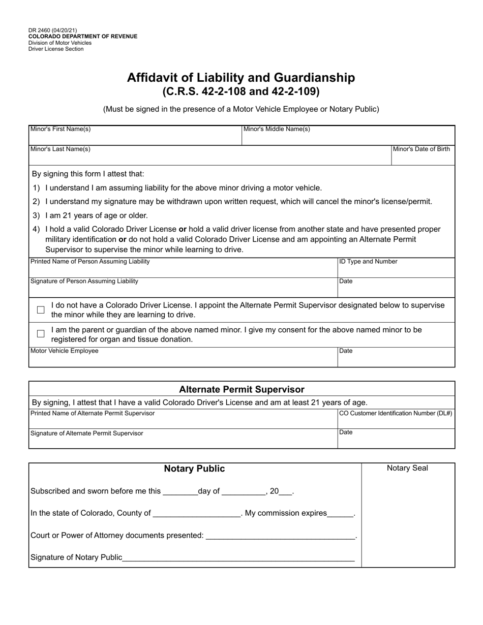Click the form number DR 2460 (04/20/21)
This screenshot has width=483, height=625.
pyautogui.click(x=53, y=30)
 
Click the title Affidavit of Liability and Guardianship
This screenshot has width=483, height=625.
pyautogui.click(x=241, y=78)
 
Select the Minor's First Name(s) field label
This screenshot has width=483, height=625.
pyautogui.click(x=61, y=129)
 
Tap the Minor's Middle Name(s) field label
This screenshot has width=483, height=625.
pyautogui.click(x=277, y=129)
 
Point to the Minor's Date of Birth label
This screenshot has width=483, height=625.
pyautogui.click(x=421, y=149)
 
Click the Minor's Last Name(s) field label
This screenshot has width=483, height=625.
pyautogui.click(x=61, y=149)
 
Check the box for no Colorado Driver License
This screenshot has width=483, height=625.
pyautogui.click(x=41, y=310)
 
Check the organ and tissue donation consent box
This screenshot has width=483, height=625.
pyautogui.click(x=41, y=334)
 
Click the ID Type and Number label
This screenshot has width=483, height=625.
pyautogui.click(x=368, y=262)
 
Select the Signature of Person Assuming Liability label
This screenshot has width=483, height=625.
pyautogui.click(x=84, y=281)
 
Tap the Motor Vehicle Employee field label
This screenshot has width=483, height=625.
pyautogui.click(x=65, y=351)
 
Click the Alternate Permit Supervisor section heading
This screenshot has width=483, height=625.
pyautogui.click(x=242, y=390)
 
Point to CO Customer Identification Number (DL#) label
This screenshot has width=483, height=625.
pyautogui.click(x=396, y=413)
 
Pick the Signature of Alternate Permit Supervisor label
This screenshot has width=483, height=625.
pyautogui.click(x=87, y=433)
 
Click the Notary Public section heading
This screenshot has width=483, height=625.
pyautogui.click(x=194, y=468)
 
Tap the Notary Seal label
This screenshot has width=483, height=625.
pyautogui.click(x=407, y=468)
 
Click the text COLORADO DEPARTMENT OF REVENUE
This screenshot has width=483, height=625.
pyautogui.click(x=83, y=37)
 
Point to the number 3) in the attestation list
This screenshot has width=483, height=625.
pyautogui.click(x=36, y=215)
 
